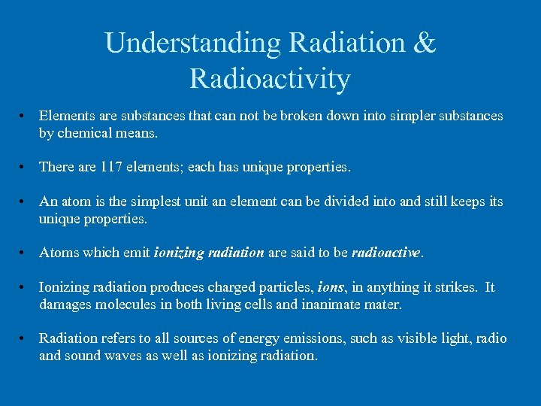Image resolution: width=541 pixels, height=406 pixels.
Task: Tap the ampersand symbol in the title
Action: click(422, 43)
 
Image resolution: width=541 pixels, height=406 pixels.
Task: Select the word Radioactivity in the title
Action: click(270, 78)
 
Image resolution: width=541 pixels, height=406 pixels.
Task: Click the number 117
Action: click(111, 167)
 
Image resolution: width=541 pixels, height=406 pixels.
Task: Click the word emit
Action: click(138, 253)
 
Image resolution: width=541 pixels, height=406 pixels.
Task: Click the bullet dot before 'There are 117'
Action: click(25, 167)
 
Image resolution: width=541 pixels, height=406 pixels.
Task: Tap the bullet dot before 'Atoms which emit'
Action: click(25, 253)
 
